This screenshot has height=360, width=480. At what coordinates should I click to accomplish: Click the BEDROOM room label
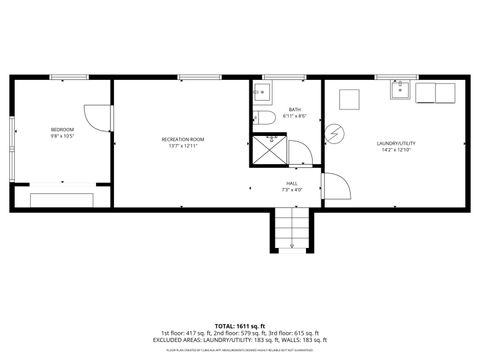pyautogui.click(x=62, y=130)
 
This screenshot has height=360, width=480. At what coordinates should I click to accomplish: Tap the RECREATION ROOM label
pyautogui.click(x=183, y=139)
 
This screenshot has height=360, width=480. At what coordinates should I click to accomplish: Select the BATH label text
pyautogui.click(x=295, y=109)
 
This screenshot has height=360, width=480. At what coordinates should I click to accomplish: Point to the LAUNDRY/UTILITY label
pyautogui.click(x=396, y=143)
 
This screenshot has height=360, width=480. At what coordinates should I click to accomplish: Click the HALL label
pyautogui.click(x=291, y=183)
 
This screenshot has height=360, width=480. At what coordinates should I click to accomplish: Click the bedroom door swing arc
pyautogui.click(x=96, y=117)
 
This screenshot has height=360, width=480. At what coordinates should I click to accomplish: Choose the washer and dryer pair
pyautogui.click(x=437, y=94)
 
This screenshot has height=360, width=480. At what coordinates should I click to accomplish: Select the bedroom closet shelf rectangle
pyautogui.click(x=62, y=199)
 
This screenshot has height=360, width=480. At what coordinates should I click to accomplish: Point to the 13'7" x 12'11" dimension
pyautogui.click(x=183, y=147)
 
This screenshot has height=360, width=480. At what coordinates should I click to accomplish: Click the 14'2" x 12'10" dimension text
pyautogui.click(x=396, y=151)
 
